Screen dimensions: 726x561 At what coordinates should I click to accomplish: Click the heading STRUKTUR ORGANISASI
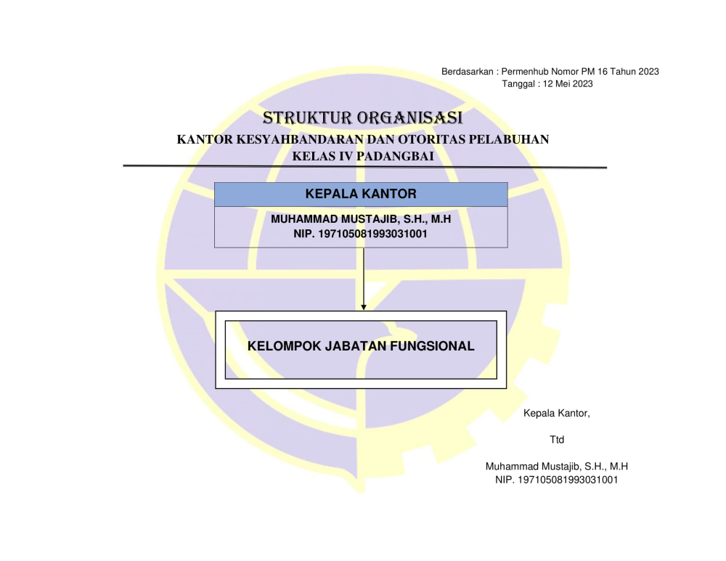[362, 118]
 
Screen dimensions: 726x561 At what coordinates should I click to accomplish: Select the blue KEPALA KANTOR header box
[361, 194]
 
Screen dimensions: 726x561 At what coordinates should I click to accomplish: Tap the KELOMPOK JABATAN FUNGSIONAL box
[361, 350]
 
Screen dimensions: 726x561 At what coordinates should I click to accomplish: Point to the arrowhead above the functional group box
[364, 307]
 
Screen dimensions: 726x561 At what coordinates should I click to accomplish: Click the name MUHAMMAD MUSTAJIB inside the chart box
[333, 219]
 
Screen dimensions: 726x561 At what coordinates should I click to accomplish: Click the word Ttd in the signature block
[557, 440]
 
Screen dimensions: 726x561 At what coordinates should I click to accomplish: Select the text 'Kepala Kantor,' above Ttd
[557, 413]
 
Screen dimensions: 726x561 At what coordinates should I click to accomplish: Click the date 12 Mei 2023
[568, 83]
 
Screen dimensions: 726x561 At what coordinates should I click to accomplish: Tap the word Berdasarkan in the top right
[467, 71]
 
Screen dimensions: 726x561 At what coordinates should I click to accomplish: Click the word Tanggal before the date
[518, 83]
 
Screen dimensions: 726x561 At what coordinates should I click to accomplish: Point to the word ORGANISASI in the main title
[409, 118]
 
